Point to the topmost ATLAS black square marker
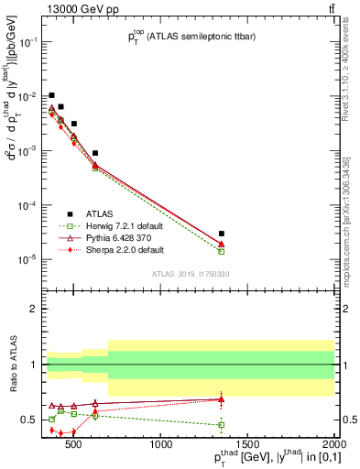click(52, 95)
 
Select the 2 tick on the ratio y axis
click(35, 309)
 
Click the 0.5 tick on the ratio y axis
click(30, 420)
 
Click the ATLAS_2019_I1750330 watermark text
click(190, 274)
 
